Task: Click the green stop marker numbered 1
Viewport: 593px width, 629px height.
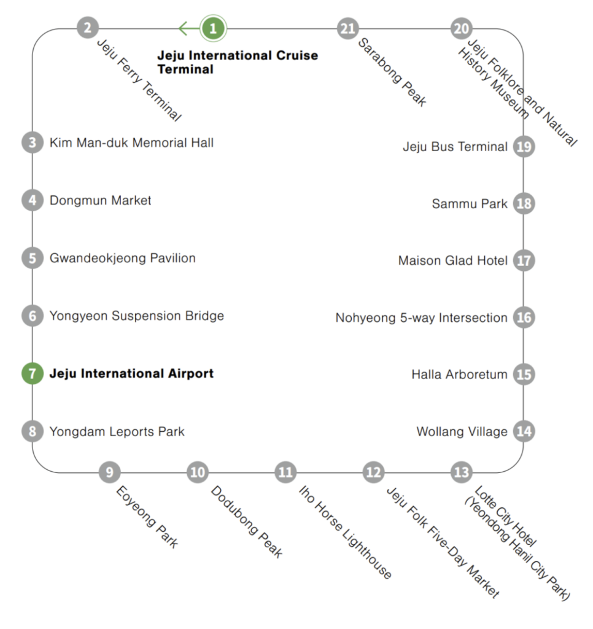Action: pyautogui.click(x=213, y=28)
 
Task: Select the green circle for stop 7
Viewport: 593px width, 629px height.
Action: pyautogui.click(x=32, y=373)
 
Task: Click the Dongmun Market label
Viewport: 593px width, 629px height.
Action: pyautogui.click(x=100, y=200)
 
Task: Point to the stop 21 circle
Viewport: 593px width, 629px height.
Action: pyautogui.click(x=348, y=28)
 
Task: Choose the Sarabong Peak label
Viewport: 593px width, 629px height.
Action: pyautogui.click(x=392, y=72)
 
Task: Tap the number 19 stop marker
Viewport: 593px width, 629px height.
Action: pyautogui.click(x=524, y=147)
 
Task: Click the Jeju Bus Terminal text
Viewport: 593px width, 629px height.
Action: pyautogui.click(x=455, y=147)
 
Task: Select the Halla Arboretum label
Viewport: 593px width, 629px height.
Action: pyautogui.click(x=459, y=374)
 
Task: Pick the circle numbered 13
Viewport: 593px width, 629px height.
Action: pyautogui.click(x=461, y=472)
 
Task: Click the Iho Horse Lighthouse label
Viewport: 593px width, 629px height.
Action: pyautogui.click(x=345, y=532)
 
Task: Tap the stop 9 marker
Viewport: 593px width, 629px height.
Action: pyautogui.click(x=109, y=472)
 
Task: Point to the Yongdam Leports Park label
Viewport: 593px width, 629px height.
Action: pyautogui.click(x=117, y=431)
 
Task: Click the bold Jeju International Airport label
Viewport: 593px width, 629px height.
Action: pyautogui.click(x=131, y=373)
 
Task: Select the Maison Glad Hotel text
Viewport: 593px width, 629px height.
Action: pyautogui.click(x=452, y=260)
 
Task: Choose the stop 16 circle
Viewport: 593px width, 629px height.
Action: pyautogui.click(x=524, y=318)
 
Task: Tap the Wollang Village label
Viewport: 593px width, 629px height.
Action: pyautogui.click(x=462, y=432)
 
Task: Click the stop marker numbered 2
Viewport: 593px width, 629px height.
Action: pyautogui.click(x=88, y=28)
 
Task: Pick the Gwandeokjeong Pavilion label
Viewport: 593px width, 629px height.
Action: pyautogui.click(x=122, y=258)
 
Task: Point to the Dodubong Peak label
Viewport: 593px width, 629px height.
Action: pyautogui.click(x=247, y=522)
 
